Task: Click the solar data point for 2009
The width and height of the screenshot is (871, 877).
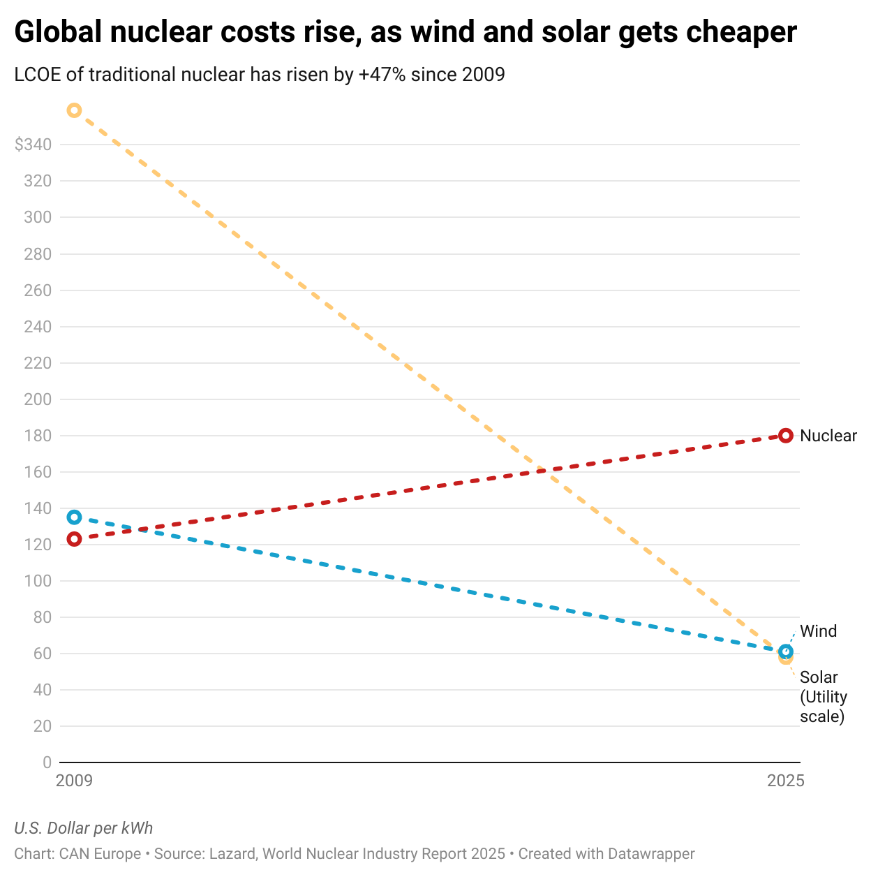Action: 74,110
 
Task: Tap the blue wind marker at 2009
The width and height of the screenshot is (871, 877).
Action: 74,517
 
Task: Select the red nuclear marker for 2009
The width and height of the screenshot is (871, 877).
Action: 74,539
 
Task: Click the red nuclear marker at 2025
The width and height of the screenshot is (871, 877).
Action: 786,436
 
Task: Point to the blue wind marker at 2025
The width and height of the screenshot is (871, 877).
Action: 786,651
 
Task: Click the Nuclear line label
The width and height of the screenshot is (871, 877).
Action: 828,436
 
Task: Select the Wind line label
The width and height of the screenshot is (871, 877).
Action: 818,631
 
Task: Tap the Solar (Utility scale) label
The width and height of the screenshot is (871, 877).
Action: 824,697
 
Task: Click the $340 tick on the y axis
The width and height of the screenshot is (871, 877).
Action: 33,145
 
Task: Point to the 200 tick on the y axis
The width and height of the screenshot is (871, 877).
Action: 38,399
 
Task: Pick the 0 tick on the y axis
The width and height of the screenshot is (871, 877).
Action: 47,762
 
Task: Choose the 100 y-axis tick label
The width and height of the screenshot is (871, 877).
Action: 38,581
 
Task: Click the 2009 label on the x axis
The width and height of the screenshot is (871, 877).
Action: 74,781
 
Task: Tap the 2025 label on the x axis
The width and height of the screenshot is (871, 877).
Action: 786,781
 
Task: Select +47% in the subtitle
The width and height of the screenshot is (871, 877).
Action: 382,74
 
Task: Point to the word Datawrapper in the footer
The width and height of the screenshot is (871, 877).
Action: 650,854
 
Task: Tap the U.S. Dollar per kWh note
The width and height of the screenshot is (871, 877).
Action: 84,828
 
